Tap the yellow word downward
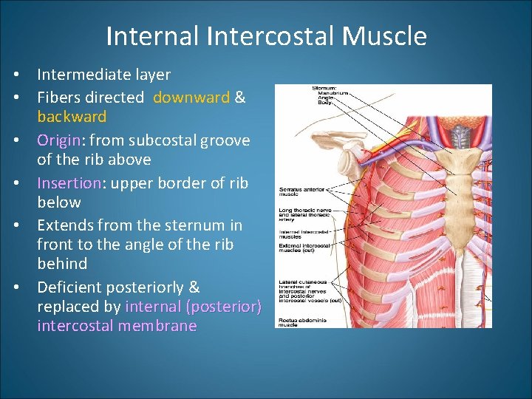[191, 98]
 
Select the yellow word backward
[72, 117]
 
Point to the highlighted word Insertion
[69, 183]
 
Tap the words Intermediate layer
[103, 75]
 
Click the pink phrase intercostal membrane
[117, 326]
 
